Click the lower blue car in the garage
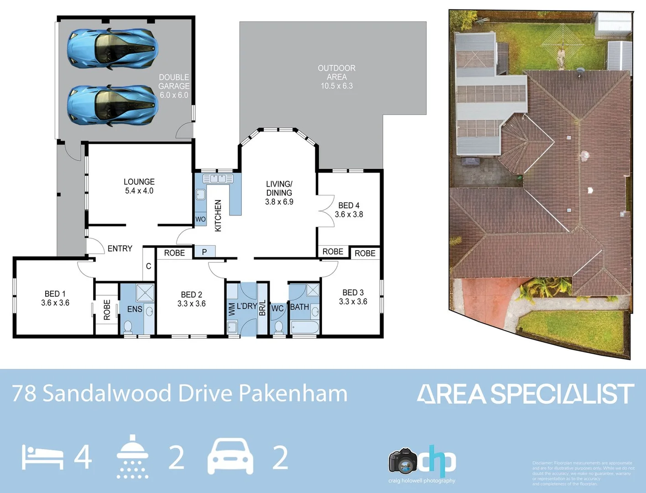pos(112,105)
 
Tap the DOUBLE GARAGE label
pos(174,86)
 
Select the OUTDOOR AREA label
pos(337,77)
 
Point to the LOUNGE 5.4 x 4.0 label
pos(139,186)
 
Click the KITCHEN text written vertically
pos(218,215)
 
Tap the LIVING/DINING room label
pos(279,193)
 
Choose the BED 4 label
pos(349,210)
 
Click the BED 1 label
pos(55,298)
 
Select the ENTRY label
pos(120,248)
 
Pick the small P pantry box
pos(204,252)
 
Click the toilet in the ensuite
pos(128,326)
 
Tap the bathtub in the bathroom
pos(304,327)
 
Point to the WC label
pos(277,309)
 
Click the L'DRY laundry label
pos(247,306)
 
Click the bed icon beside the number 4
pos(42,457)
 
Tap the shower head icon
pos(132,456)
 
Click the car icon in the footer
pos(230,456)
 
